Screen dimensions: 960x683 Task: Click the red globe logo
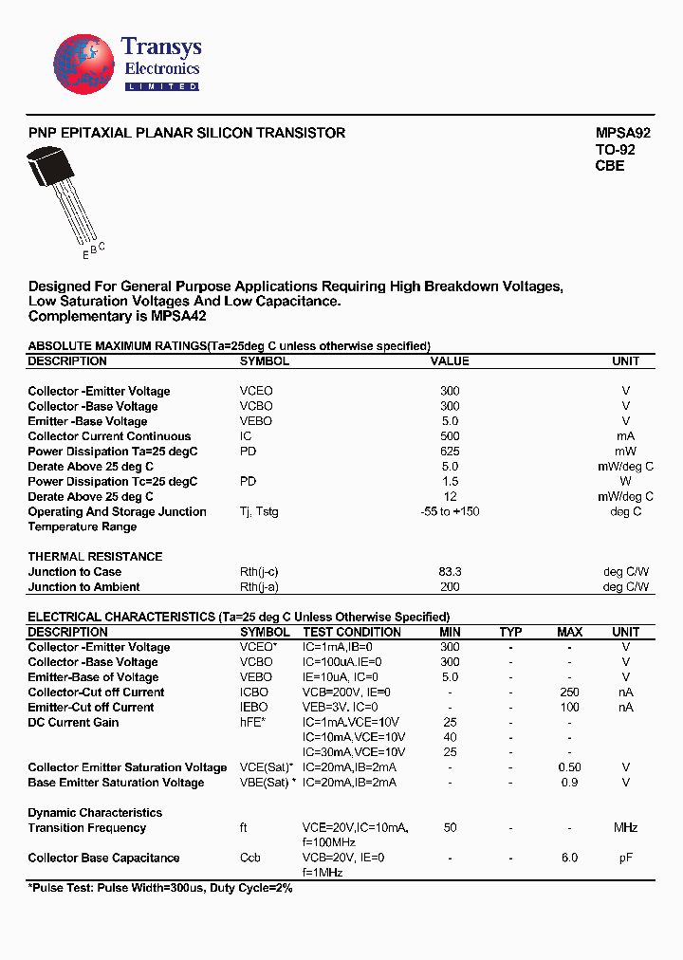click(83, 65)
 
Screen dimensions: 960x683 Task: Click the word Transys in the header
click(161, 47)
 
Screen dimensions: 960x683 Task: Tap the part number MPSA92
click(622, 134)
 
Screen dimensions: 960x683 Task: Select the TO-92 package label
click(615, 150)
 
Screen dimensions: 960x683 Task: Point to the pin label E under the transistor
click(84, 254)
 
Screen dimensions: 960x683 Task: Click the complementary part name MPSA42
click(174, 316)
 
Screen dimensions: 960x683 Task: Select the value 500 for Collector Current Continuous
click(450, 436)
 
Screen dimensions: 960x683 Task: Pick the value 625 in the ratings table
click(450, 452)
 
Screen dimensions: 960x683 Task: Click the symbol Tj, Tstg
click(259, 511)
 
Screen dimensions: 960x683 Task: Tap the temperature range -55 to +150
click(450, 511)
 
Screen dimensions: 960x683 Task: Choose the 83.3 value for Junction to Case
click(450, 572)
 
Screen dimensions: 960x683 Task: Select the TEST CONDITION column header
click(352, 632)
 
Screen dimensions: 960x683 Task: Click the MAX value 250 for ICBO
click(569, 692)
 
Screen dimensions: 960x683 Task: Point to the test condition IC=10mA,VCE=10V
click(354, 737)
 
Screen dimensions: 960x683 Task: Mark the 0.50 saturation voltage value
click(569, 767)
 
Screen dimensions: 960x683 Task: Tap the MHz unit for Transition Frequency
click(625, 828)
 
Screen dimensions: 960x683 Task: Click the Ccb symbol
click(250, 858)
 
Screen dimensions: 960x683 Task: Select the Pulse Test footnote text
click(160, 889)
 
